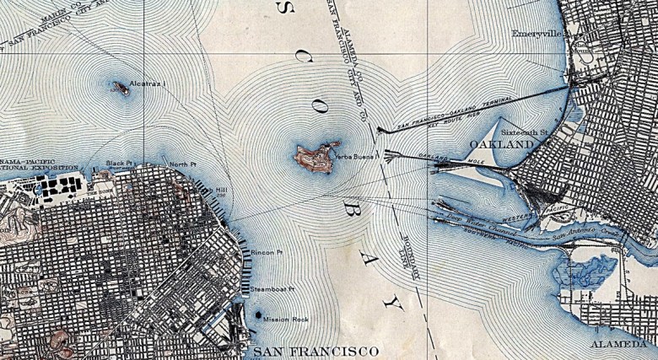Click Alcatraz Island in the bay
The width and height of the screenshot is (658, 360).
[x=121, y=87]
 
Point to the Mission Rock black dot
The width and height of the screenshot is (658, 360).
[x=256, y=315]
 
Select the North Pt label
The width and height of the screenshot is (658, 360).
[x=182, y=164]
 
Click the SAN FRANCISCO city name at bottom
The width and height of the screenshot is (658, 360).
[x=316, y=349]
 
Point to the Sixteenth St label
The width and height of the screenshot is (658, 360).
[x=525, y=132]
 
